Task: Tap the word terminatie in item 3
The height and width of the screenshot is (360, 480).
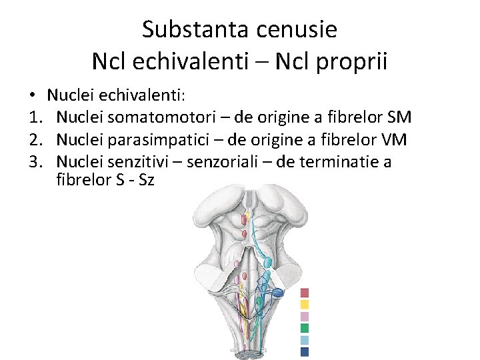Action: [345, 162]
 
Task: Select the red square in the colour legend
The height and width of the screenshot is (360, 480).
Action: [305, 292]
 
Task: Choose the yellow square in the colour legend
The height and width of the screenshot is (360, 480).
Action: [305, 304]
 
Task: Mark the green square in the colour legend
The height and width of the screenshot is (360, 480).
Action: [305, 328]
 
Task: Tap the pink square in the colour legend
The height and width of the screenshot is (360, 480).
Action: [305, 316]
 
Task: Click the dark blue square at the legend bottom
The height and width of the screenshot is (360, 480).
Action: [305, 351]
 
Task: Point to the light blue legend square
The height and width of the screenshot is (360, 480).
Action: [305, 340]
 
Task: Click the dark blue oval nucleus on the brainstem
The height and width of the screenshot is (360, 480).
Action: [278, 292]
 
